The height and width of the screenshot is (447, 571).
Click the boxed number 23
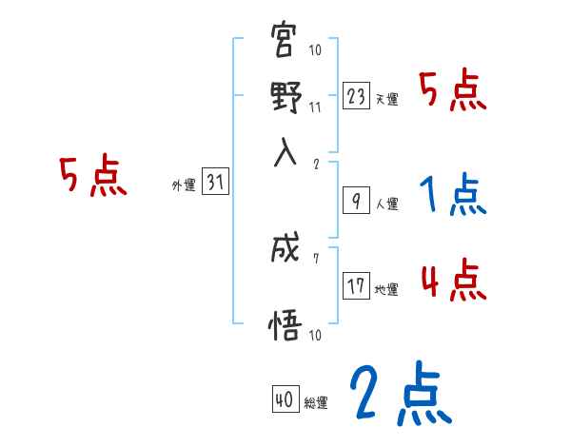tap(357, 96)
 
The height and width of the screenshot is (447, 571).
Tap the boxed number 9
tap(355, 201)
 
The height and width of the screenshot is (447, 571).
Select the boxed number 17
tap(357, 286)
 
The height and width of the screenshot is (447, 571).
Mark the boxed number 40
tap(285, 399)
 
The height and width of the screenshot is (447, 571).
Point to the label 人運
tap(386, 204)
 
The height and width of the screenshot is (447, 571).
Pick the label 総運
tap(316, 403)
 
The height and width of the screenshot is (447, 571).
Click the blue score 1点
tap(453, 195)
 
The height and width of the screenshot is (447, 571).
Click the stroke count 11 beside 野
tap(315, 107)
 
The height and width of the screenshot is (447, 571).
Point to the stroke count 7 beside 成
tap(315, 258)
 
